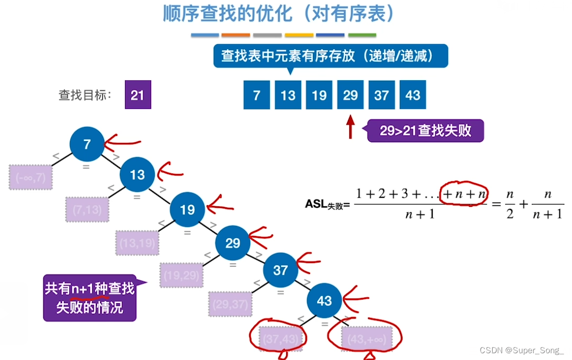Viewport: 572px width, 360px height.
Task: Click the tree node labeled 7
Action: (87, 143)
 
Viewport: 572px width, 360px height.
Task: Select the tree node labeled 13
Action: (137, 174)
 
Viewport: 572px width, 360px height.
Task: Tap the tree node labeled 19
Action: (187, 209)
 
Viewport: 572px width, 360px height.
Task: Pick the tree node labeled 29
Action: (233, 243)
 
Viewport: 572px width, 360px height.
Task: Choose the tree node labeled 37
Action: (280, 270)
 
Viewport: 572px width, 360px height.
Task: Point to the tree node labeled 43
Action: (324, 301)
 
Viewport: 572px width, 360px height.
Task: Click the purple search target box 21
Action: (138, 95)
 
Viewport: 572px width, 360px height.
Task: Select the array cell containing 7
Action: (257, 95)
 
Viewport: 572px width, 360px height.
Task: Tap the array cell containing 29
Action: (350, 95)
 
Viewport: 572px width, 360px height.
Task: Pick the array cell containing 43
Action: (413, 95)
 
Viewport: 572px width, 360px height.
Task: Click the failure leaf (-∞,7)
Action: (31, 178)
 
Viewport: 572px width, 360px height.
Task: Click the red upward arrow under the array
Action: (350, 127)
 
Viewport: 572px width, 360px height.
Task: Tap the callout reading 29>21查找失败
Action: (425, 131)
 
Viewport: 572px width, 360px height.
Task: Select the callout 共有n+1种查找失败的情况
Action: (90, 297)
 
